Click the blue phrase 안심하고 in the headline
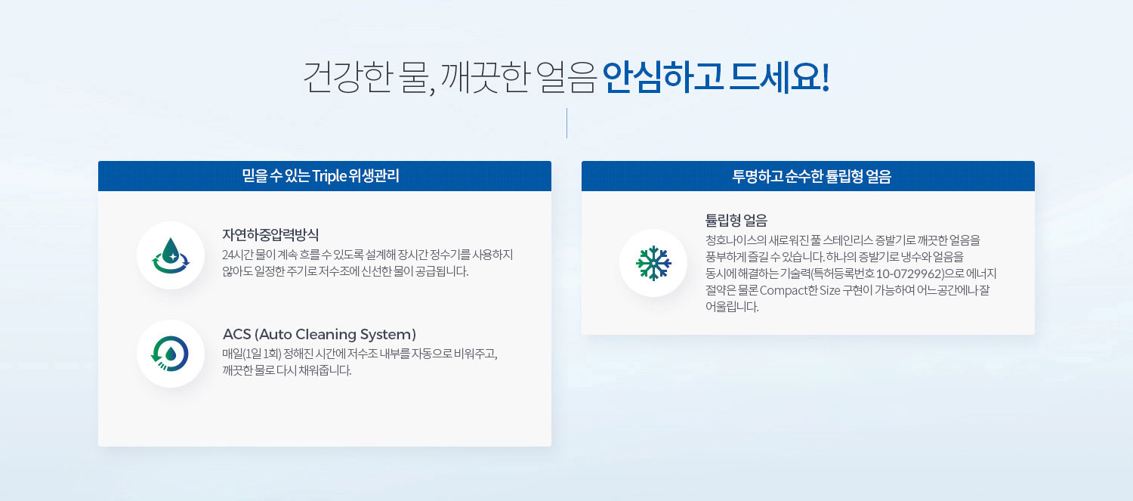pyautogui.click(x=662, y=77)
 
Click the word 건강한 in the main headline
pyautogui.click(x=348, y=77)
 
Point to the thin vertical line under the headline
pyautogui.click(x=566, y=122)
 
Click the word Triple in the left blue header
pyautogui.click(x=329, y=176)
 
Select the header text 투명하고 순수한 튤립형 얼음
pyautogui.click(x=811, y=176)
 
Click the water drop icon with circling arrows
pyautogui.click(x=171, y=255)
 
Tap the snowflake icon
pyautogui.click(x=653, y=263)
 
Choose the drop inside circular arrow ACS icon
pyautogui.click(x=170, y=354)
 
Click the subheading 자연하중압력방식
pyautogui.click(x=270, y=235)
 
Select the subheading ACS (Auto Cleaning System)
pyautogui.click(x=320, y=335)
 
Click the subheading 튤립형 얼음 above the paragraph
pyautogui.click(x=736, y=220)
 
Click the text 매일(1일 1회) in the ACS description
pyautogui.click(x=252, y=354)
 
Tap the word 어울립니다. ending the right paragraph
pyautogui.click(x=732, y=307)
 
